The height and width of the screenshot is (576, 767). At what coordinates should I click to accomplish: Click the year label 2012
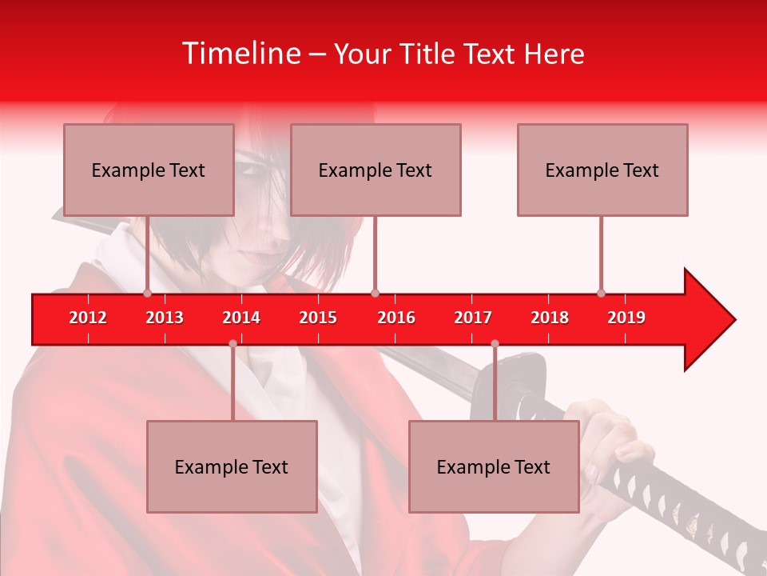88,318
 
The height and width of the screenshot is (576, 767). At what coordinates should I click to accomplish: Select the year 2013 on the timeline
165,318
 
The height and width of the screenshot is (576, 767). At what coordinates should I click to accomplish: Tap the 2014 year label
241,318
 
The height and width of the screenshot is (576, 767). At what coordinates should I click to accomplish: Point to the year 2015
318,318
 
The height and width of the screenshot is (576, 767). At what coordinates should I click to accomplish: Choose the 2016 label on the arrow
396,318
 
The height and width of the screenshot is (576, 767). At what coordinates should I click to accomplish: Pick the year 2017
473,318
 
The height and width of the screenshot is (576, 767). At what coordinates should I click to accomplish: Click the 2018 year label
550,318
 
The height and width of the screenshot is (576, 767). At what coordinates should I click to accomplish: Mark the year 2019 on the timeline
626,318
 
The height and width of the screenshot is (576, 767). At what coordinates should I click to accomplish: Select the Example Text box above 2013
149,170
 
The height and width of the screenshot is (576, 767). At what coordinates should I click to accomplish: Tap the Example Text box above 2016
376,170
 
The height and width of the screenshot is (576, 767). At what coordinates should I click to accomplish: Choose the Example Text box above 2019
602,170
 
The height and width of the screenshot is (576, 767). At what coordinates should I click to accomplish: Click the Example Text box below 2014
232,467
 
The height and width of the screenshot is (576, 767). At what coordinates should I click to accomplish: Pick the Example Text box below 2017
494,467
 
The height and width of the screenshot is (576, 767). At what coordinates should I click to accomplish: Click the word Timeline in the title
240,54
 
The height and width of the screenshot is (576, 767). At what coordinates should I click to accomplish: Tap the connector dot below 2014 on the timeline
232,343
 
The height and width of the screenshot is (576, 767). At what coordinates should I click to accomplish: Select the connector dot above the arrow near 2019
601,293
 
